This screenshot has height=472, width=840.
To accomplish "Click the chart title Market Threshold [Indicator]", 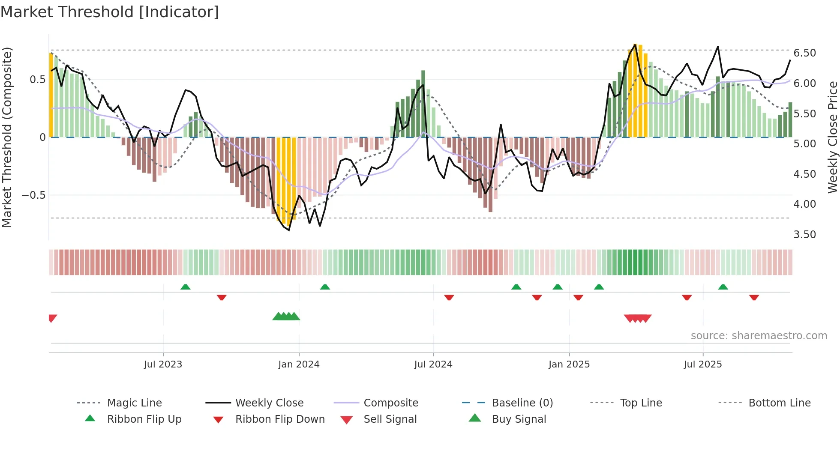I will [x=110, y=12].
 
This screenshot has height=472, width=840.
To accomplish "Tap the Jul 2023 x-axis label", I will [x=163, y=364].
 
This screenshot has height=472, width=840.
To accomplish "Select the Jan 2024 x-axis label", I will [x=299, y=364].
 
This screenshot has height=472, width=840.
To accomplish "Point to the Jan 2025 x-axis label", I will [x=569, y=364].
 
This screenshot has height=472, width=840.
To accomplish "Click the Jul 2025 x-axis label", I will [x=703, y=364].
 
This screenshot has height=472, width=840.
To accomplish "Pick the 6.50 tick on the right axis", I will [x=804, y=53].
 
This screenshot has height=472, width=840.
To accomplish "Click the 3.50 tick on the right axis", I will [x=804, y=235].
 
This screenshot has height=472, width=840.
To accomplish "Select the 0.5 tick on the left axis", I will [x=37, y=80].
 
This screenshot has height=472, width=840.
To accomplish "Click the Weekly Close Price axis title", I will [x=832, y=137].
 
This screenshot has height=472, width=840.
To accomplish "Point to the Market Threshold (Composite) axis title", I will [x=7, y=137].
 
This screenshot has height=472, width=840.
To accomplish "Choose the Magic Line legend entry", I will [x=134, y=403].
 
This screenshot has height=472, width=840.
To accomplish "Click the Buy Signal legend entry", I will [x=519, y=419].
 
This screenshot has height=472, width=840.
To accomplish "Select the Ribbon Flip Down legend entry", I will [x=280, y=419].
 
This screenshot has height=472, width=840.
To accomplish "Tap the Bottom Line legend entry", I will [x=779, y=403].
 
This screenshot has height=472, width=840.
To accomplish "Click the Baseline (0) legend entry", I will [x=522, y=403].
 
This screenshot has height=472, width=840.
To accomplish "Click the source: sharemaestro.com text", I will [x=759, y=336].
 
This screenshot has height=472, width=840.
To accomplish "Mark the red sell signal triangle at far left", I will [x=52, y=318].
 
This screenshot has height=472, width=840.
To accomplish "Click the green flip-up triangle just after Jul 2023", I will [x=185, y=287].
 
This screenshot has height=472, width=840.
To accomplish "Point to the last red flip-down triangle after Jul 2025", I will [x=754, y=297].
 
